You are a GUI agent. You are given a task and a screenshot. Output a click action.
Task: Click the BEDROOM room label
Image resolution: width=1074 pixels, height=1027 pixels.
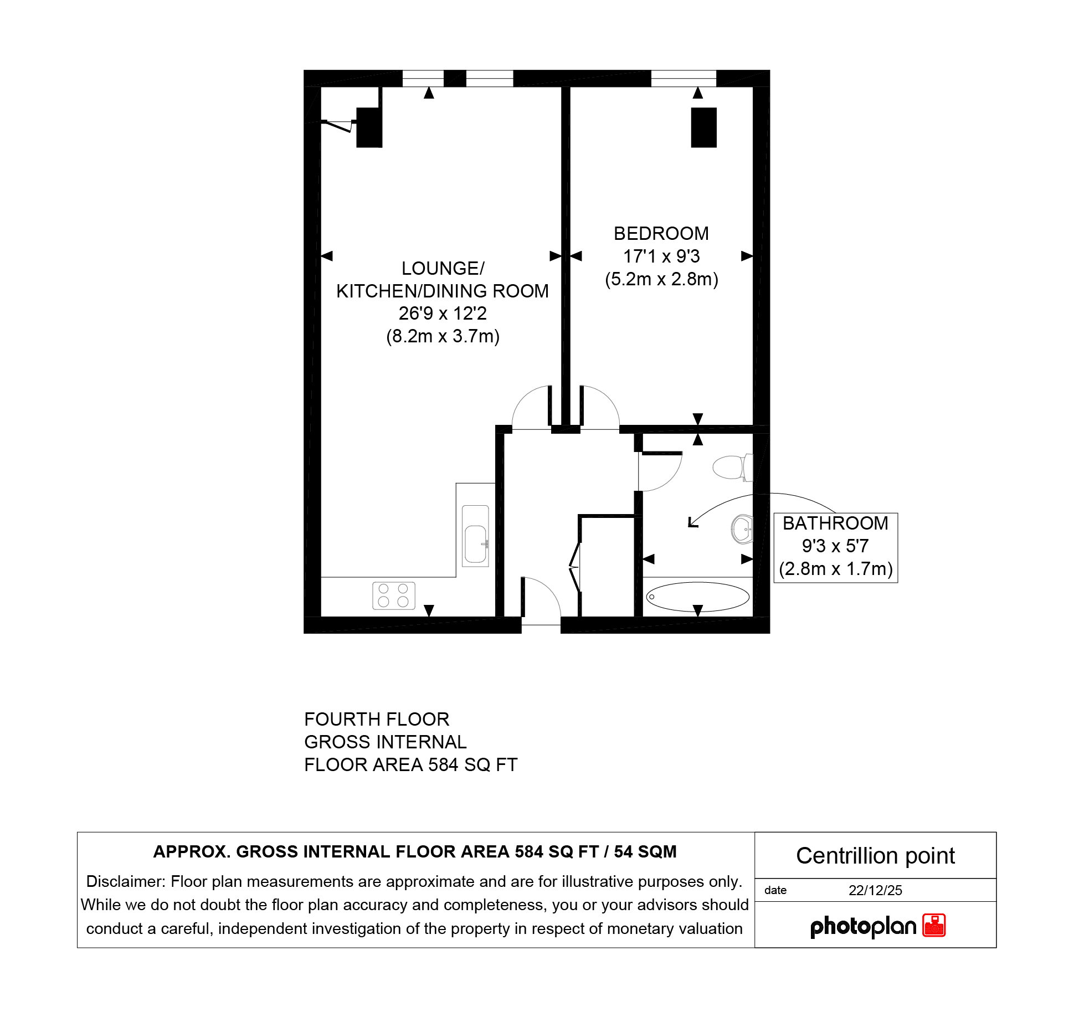(x=661, y=234)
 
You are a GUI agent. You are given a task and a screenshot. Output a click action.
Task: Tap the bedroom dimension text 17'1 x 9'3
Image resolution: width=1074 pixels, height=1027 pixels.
(x=661, y=256)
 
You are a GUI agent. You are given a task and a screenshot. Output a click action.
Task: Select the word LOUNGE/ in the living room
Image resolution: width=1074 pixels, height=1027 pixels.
(x=443, y=269)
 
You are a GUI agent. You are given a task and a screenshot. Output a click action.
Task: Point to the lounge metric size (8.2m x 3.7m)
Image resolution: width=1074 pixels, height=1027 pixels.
(x=443, y=336)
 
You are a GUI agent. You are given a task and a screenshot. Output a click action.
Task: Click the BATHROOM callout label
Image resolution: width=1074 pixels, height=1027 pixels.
(x=835, y=523)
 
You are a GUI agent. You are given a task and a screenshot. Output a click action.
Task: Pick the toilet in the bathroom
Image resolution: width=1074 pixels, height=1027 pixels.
(x=733, y=467)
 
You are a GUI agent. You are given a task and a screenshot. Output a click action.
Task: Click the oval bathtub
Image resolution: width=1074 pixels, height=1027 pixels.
(x=697, y=597)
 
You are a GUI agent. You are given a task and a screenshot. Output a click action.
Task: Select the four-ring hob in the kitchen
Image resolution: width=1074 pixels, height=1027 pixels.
(x=394, y=595)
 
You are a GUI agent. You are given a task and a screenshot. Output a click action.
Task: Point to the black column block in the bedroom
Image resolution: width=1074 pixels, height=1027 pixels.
(x=703, y=127)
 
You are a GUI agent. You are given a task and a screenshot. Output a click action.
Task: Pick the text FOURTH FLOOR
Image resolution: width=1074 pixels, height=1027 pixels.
(x=377, y=720)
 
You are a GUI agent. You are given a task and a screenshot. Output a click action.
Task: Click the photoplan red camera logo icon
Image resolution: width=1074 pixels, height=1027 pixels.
(x=934, y=925)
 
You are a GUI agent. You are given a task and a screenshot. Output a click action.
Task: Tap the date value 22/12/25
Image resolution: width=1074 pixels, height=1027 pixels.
(x=875, y=890)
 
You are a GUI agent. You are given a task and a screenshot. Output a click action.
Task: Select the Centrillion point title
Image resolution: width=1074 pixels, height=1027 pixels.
(x=875, y=856)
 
